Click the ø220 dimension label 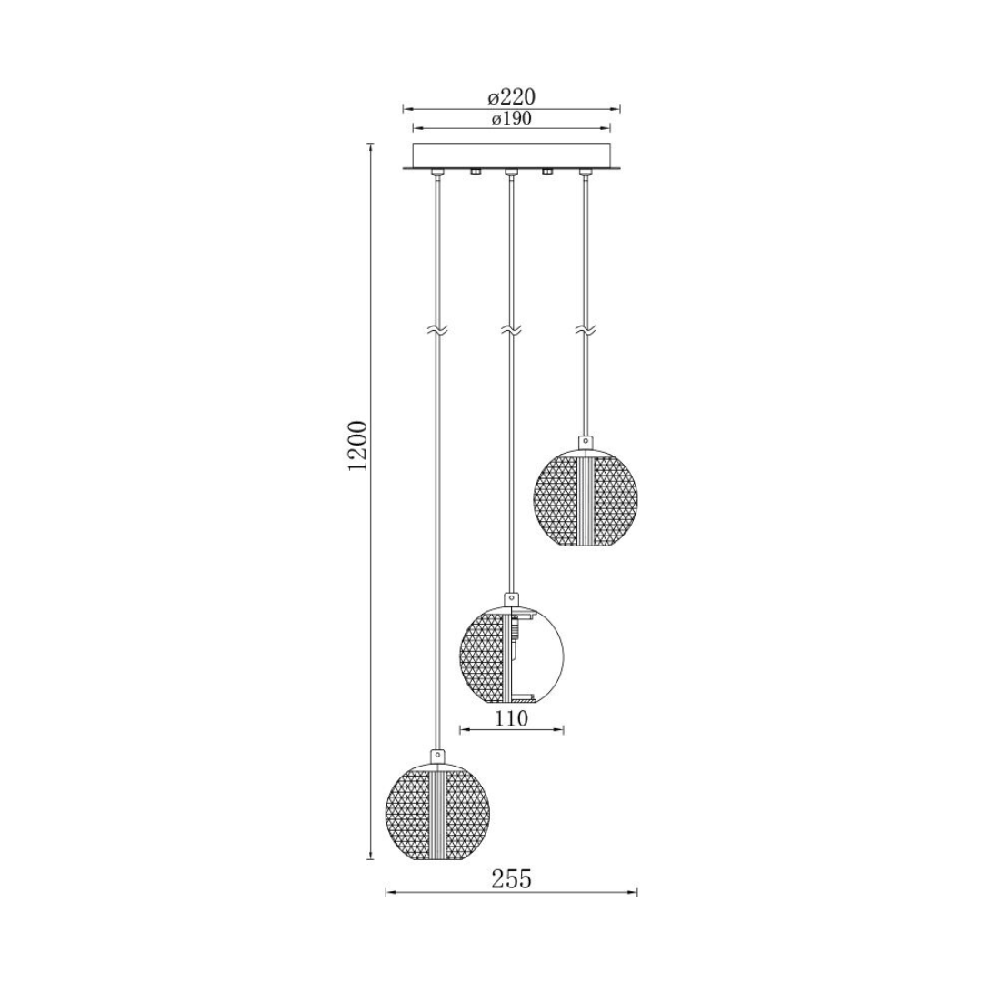(511, 97)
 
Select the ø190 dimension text (511, 119)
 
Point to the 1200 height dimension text (358, 446)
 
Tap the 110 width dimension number (512, 718)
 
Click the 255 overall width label (511, 879)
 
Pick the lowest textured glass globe (437, 812)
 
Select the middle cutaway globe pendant (512, 655)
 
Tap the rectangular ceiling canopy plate (511, 156)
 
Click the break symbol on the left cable (437, 331)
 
